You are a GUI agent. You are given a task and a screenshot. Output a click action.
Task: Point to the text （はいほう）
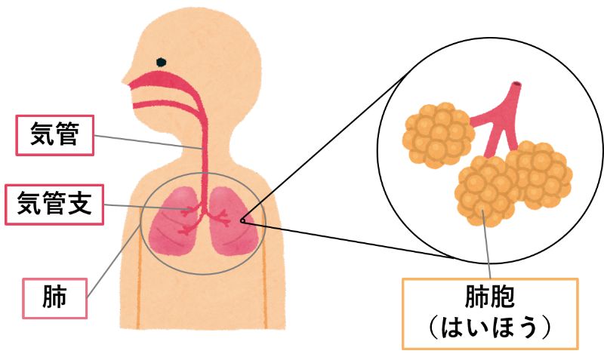490,330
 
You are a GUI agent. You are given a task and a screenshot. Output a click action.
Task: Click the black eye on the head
160,62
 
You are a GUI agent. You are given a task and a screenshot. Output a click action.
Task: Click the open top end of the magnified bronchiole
516,85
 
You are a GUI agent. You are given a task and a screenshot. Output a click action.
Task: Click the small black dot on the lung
242,221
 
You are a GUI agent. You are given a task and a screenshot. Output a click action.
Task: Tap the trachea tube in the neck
202,151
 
